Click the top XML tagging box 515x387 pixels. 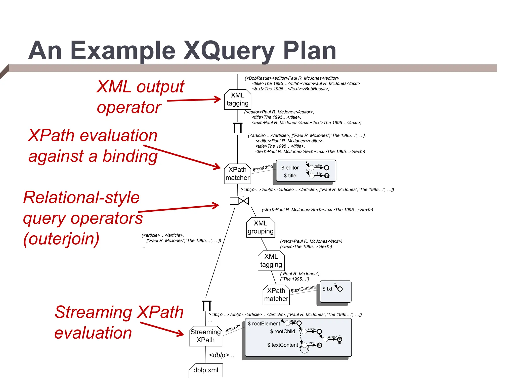point(237,100)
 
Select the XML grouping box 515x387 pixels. point(260,228)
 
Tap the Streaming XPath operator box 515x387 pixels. point(205,336)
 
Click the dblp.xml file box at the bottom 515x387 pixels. point(206,370)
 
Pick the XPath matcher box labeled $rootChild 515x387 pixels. point(237,174)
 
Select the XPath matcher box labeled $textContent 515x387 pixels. point(276,295)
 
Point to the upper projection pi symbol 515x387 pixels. point(237,128)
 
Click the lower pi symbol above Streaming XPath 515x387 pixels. point(207,306)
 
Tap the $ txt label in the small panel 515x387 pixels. point(327,289)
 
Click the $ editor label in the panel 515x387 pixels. point(290,168)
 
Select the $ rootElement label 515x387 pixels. point(264,324)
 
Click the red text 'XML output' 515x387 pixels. point(140,87)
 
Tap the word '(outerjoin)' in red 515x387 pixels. point(61,239)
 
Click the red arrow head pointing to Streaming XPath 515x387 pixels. point(181,334)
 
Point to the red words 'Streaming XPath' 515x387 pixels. point(119,312)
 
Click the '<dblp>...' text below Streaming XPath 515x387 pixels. point(222,355)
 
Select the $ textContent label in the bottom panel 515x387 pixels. point(283,345)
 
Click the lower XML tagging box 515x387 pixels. point(271,261)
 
